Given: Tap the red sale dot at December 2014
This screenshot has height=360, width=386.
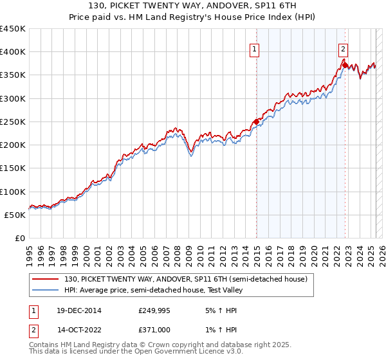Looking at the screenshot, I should (256, 121).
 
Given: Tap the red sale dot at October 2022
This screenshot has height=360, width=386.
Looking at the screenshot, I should (345, 65).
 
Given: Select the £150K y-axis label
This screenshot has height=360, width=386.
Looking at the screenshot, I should (14, 168).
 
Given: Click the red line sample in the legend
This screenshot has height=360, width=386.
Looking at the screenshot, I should (47, 279).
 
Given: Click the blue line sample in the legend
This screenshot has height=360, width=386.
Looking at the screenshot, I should (47, 289).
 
